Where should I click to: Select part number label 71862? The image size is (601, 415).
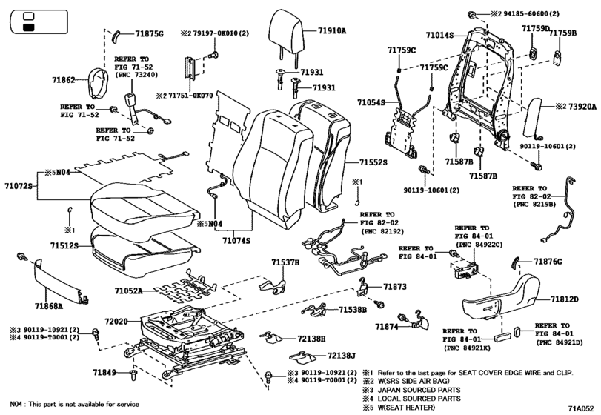point(63,80)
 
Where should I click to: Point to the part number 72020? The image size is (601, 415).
point(116,322)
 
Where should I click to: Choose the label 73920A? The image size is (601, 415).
point(582,107)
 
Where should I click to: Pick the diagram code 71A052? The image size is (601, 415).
point(581,408)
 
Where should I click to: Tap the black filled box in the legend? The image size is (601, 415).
point(29,27)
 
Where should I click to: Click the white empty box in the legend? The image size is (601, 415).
point(29,16)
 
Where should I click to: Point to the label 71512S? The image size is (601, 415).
point(64,245)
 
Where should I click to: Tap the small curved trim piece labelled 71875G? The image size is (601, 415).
point(116,36)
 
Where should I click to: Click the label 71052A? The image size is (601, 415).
point(128,290)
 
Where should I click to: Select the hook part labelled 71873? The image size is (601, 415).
point(363,287)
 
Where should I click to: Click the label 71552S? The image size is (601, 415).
point(373,162)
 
